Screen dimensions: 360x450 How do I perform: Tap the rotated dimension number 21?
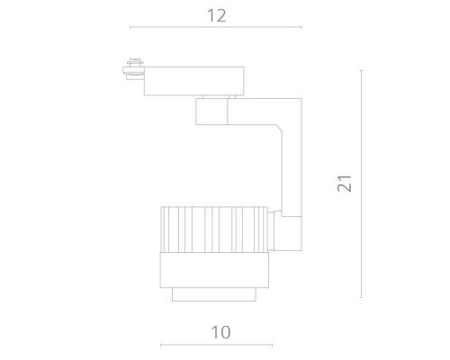pos(342,183)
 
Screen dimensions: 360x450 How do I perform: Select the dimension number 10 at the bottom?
pos(220,332)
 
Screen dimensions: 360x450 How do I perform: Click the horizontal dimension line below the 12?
pos(215,28)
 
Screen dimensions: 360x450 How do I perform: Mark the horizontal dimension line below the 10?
pos(215,345)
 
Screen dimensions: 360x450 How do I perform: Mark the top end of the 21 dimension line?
pos(363,69)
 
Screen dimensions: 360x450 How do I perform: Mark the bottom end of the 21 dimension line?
pos(363,298)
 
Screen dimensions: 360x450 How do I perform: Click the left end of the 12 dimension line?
pos(130,28)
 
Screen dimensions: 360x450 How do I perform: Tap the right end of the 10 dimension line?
pos(272,345)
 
